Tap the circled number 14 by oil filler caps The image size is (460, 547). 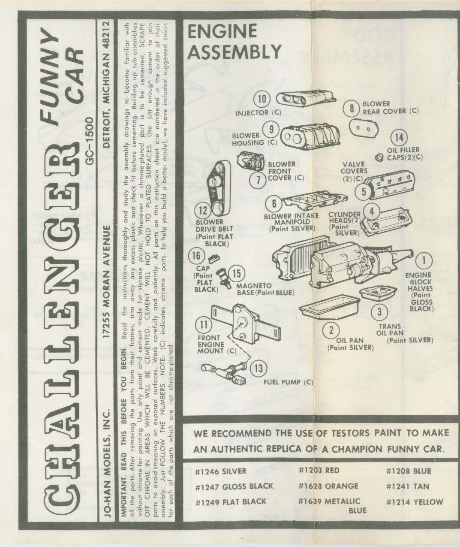[x=399, y=137]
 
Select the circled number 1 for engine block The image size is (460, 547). [x=424, y=260]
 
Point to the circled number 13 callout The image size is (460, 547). [x=259, y=368]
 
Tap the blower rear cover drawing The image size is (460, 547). [x=363, y=129]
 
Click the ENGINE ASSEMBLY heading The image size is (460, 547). [x=234, y=42]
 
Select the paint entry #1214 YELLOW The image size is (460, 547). [x=415, y=502]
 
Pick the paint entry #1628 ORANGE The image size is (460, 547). [x=328, y=486]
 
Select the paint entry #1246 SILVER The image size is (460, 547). [x=221, y=471]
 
